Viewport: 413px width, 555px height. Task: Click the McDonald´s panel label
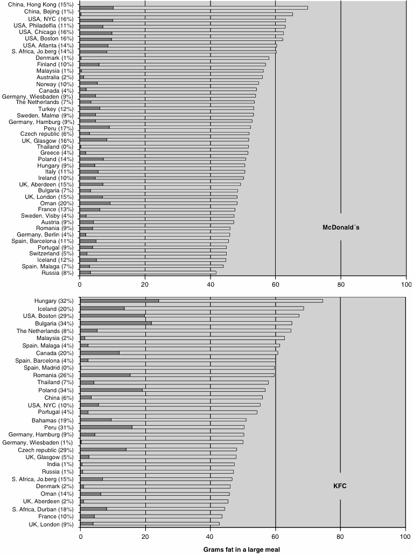coord(341,227)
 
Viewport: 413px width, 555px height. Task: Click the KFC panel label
coord(340,486)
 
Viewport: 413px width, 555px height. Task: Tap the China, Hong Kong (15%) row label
coord(41,5)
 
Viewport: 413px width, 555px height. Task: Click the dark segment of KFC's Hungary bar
coord(120,301)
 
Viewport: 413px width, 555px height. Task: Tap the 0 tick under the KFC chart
coord(80,536)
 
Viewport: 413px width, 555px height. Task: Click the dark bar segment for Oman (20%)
coord(95,203)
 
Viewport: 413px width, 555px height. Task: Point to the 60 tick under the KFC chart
coord(275,536)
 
